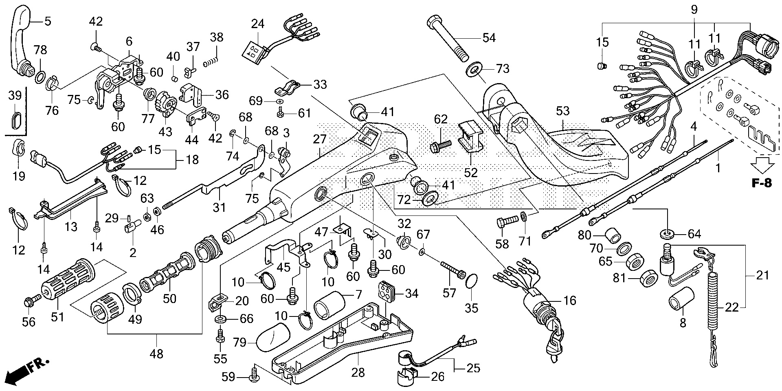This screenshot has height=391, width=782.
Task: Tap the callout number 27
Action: click(320, 140)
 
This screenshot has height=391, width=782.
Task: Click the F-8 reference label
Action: click(761, 183)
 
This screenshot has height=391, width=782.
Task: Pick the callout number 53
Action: click(563, 111)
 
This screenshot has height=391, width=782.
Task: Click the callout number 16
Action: click(569, 300)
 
